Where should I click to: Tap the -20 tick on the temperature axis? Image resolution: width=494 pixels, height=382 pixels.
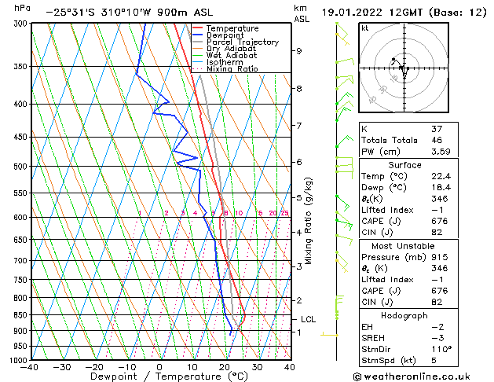coord(94,367)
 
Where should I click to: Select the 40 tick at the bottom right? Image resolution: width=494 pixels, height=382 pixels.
coord(289,367)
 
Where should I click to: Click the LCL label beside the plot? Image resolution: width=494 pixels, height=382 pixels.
coord(309,319)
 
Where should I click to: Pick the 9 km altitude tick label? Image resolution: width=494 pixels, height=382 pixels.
coord(299,50)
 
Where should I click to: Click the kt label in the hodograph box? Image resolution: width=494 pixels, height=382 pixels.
coord(365,28)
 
